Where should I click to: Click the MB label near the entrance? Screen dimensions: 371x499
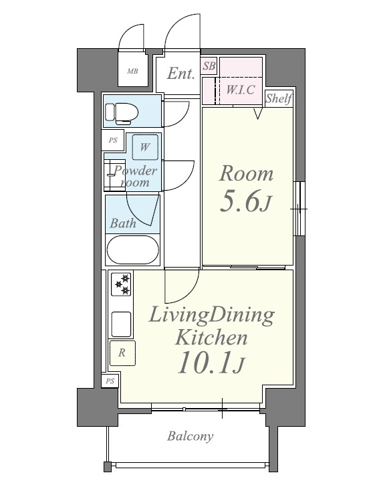(x=132, y=72)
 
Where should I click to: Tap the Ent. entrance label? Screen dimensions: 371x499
(x=180, y=74)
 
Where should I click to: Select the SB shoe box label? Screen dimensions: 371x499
(x=209, y=66)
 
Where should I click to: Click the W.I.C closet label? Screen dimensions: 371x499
(x=241, y=90)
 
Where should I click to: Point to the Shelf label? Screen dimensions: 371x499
(x=279, y=98)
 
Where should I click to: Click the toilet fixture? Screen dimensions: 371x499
(x=122, y=113)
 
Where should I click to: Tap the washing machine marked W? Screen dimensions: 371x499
(x=145, y=147)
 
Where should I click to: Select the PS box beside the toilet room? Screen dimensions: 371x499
(x=113, y=140)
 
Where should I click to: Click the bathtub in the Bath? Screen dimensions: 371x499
(x=132, y=249)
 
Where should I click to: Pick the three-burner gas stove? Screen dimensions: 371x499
(x=122, y=284)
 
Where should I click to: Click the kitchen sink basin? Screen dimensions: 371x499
(x=121, y=324)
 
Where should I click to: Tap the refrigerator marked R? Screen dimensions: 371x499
(x=122, y=353)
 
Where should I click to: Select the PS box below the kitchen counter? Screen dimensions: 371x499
(x=110, y=381)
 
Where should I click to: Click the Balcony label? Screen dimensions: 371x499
(x=190, y=435)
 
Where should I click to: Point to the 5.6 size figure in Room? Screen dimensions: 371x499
(x=246, y=201)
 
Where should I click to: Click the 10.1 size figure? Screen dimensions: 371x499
(x=211, y=363)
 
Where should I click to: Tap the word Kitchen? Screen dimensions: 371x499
(x=211, y=338)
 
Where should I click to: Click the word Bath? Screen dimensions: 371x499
(x=123, y=223)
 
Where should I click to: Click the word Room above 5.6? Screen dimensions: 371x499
(x=246, y=173)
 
